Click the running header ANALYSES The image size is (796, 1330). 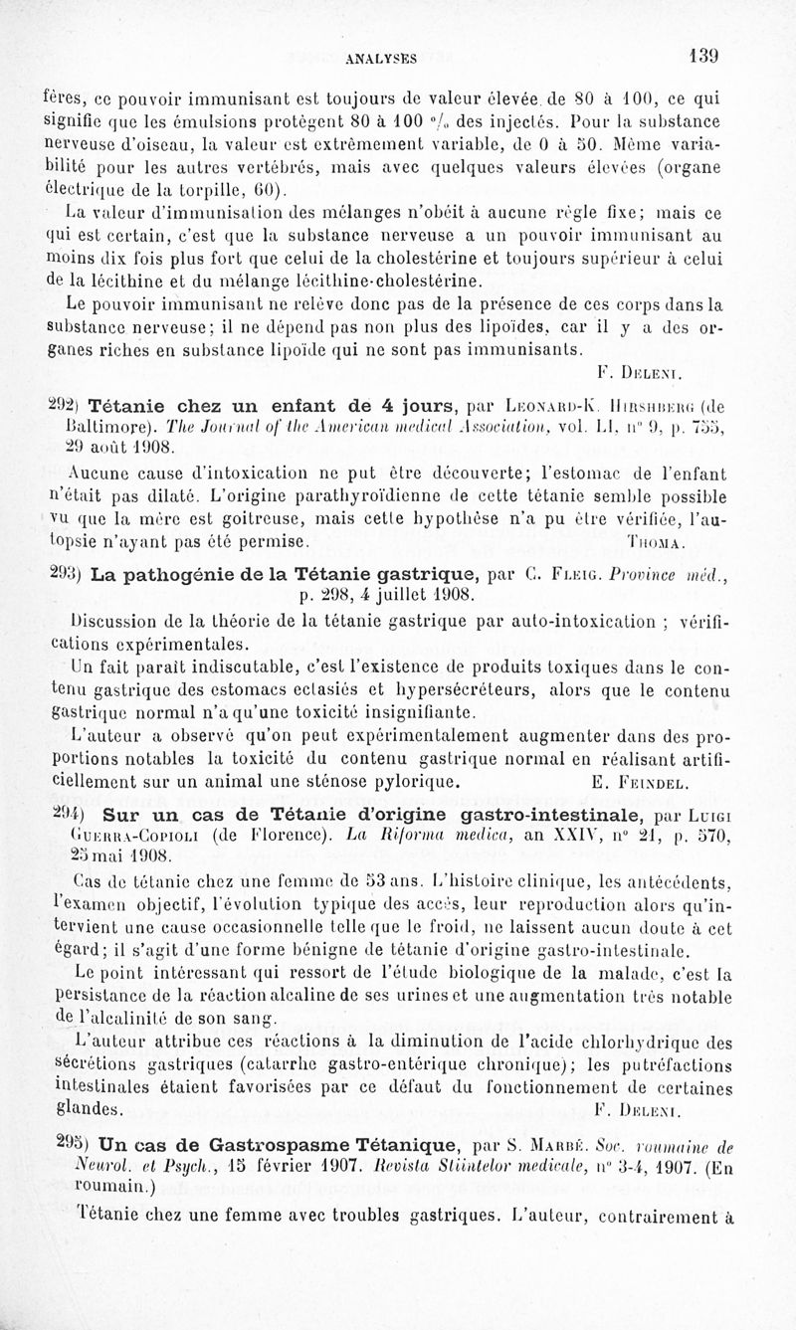(x=380, y=59)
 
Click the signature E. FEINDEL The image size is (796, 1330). (x=640, y=782)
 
